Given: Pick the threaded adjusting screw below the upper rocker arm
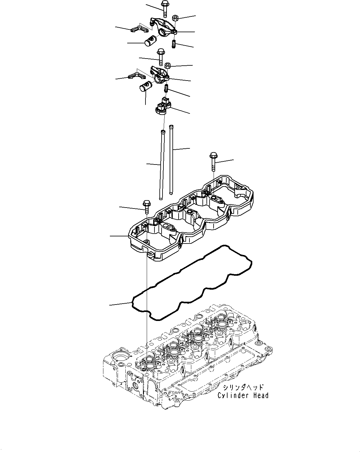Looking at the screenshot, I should click(174, 44).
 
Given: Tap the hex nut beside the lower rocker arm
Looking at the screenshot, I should click(168, 65).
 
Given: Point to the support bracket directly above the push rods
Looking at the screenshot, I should click(163, 106).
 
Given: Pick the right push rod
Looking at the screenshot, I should click(171, 160).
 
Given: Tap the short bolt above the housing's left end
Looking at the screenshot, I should click(146, 206).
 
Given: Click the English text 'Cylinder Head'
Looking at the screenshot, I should click(243, 395).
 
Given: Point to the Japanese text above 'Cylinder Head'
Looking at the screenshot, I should click(243, 387).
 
